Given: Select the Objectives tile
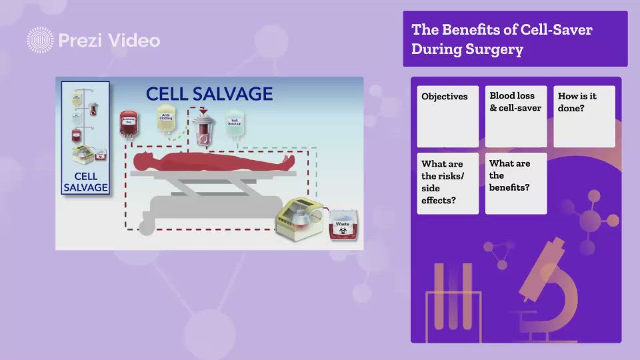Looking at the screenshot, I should click(x=447, y=116).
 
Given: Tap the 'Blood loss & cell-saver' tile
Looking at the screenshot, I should click(x=515, y=116).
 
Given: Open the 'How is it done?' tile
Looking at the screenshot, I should click(x=584, y=116).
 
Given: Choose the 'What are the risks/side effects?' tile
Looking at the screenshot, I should click(x=447, y=183).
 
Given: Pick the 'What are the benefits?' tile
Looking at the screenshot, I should click(x=515, y=183).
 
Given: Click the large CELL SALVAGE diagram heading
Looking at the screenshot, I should click(x=209, y=93).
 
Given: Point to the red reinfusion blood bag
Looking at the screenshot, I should click(x=128, y=123).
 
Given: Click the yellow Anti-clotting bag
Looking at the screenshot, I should click(x=166, y=120).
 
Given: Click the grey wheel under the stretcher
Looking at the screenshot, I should click(x=146, y=227).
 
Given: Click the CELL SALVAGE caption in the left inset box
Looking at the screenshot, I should click(x=85, y=182).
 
